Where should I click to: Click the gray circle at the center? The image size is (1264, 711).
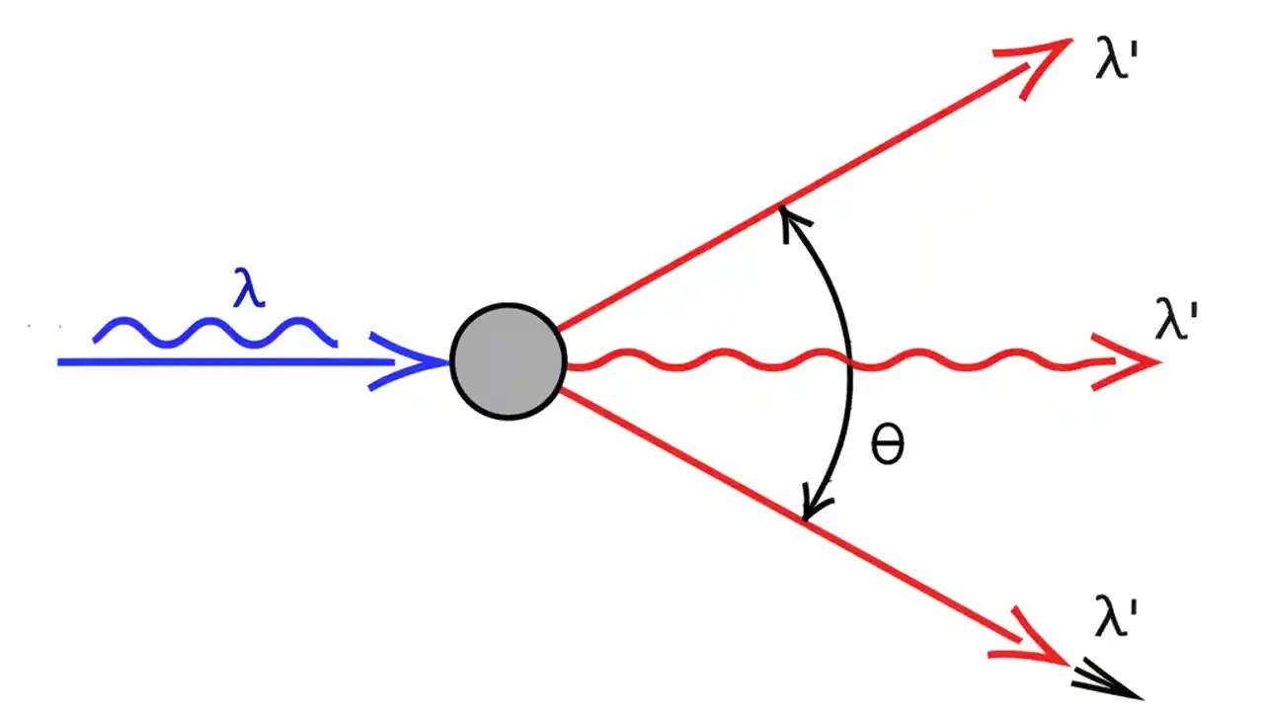point(508,361)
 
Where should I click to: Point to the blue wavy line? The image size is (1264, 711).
point(215,332)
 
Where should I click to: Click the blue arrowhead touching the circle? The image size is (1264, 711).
point(415,362)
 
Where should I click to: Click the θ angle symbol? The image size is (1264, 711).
point(887,447)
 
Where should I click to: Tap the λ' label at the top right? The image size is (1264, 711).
point(1119,65)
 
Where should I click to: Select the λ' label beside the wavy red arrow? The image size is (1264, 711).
point(1177,322)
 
